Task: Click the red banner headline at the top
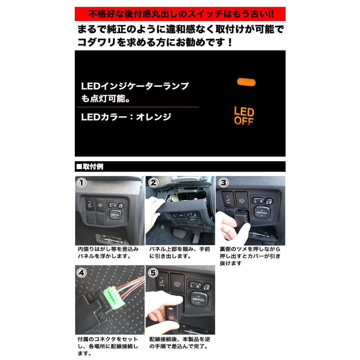[x=180, y=14]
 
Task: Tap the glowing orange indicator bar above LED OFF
[x=246, y=82]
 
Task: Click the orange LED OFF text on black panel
[x=244, y=116]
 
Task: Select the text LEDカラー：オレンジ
[x=126, y=117]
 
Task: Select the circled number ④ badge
[x=82, y=274]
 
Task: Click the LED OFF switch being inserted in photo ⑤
[x=171, y=316]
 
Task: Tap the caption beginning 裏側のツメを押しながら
[x=250, y=256]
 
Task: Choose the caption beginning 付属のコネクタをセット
[x=108, y=346]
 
